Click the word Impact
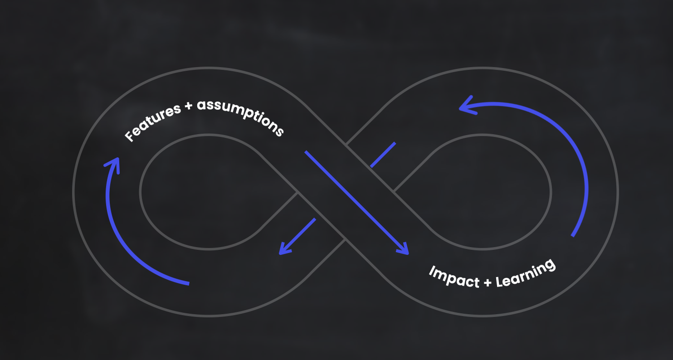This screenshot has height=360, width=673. coord(454,277)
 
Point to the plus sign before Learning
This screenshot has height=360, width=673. coord(488,282)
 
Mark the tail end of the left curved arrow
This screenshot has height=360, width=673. coord(188,284)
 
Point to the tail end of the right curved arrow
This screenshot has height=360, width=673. coord(573,235)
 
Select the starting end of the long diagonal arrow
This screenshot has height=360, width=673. coord(306,152)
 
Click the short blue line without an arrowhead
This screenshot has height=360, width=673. coord(383,155)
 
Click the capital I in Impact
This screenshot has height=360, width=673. coord(431,271)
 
